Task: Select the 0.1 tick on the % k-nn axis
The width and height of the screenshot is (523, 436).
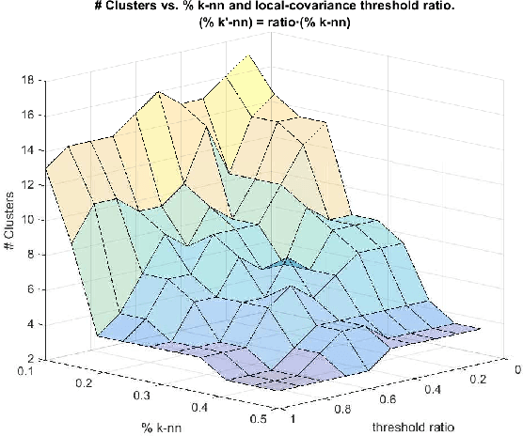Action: (x=35, y=372)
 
